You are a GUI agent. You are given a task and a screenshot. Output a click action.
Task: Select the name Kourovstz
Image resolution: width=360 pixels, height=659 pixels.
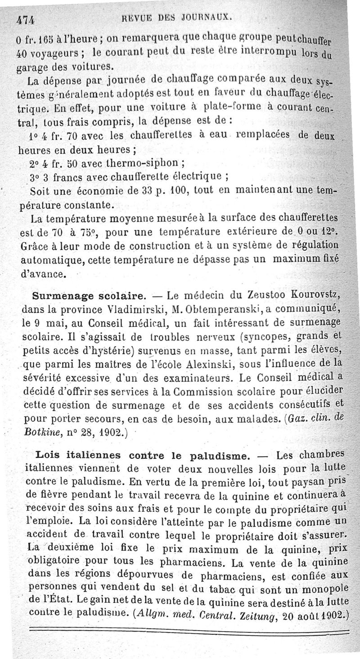click(x=313, y=296)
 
